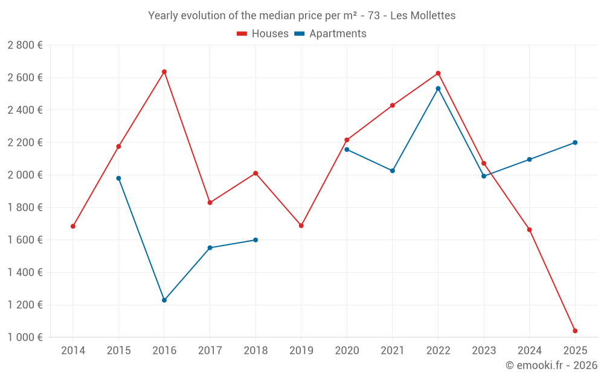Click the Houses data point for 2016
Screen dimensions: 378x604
coord(164,72)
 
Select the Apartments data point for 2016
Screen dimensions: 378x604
coord(164,300)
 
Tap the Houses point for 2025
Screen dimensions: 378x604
coord(575,331)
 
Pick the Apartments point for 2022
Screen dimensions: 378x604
coord(438,88)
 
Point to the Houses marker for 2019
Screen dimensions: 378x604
coord(301,226)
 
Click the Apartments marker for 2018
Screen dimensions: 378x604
coord(255,240)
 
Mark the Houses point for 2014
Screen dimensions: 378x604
coord(73,226)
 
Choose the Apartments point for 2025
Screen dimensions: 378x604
coord(575,143)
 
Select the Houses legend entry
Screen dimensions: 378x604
coord(263,34)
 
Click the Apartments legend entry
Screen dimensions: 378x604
coord(330,34)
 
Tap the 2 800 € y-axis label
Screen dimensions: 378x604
coord(25,45)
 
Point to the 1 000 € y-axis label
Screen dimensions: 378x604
coord(25,337)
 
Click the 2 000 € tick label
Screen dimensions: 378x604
coord(25,175)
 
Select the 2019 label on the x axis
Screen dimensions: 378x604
coord(301,351)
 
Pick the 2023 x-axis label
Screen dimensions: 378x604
coord(484,351)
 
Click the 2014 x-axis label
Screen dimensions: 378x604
coord(73,351)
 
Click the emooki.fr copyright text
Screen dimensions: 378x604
coord(551,365)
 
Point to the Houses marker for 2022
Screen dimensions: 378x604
coord(438,74)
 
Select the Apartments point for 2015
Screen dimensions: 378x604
coord(118,178)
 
